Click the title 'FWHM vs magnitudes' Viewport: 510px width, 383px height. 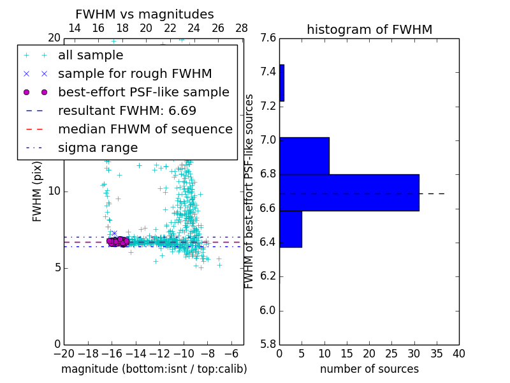(x=145, y=14)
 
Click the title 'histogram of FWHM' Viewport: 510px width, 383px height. (x=369, y=29)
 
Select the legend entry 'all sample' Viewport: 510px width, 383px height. (x=91, y=56)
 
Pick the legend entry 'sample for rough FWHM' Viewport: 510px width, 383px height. (x=135, y=74)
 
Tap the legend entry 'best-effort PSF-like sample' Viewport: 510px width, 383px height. (x=143, y=92)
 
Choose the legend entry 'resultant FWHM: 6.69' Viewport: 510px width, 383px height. (x=127, y=110)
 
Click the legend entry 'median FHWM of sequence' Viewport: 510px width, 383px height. (x=145, y=129)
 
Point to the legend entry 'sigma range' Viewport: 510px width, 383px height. (x=98, y=148)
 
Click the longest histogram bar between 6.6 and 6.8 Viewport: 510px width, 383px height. (x=349, y=192)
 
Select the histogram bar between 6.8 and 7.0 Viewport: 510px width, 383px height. (x=304, y=156)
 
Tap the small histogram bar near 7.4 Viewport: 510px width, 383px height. (x=282, y=82)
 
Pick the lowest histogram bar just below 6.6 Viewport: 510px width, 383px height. (x=290, y=229)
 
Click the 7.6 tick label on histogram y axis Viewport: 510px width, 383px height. (x=268, y=38)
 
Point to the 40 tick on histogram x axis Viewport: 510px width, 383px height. (x=458, y=354)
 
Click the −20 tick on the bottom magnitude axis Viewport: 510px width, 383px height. (x=64, y=354)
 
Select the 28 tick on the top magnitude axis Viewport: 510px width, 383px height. (x=242, y=28)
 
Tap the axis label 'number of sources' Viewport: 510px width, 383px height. (x=369, y=369)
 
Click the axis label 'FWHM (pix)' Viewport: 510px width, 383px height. (x=38, y=191)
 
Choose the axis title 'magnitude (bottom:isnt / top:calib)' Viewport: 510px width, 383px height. (x=154, y=369)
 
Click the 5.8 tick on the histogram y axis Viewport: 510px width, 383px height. (x=268, y=344)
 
